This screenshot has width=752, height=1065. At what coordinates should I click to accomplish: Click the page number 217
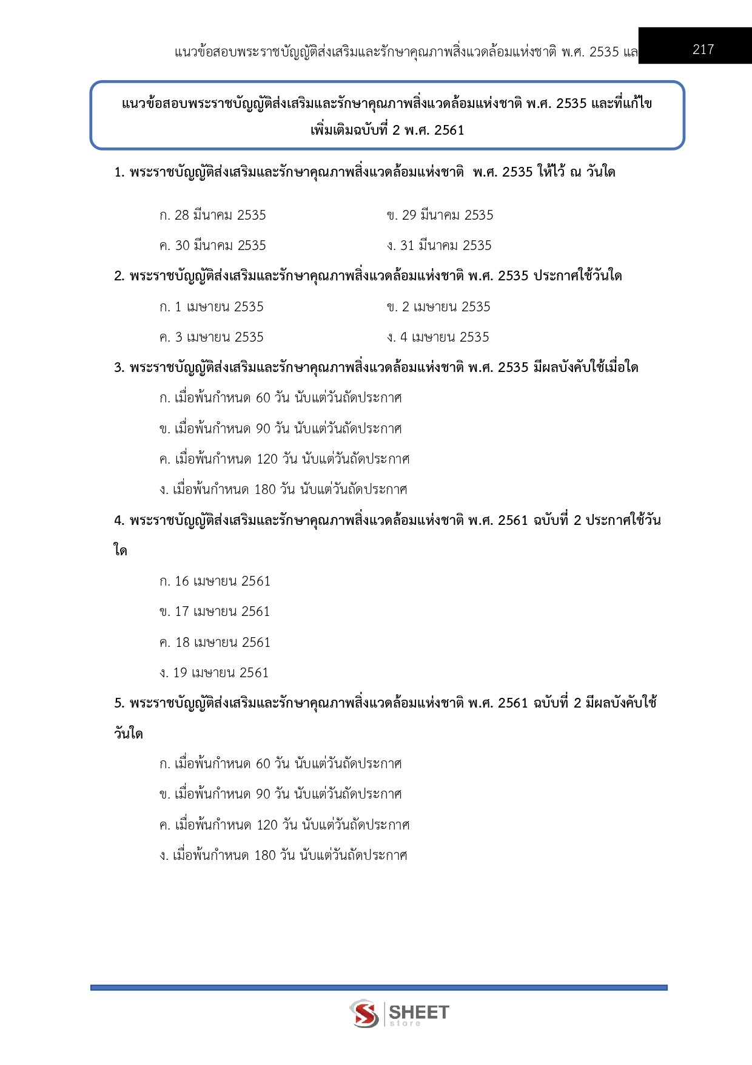click(x=703, y=49)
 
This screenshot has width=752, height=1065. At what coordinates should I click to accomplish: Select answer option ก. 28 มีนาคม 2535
click(x=212, y=215)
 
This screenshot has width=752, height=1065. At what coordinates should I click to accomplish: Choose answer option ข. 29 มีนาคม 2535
click(x=440, y=215)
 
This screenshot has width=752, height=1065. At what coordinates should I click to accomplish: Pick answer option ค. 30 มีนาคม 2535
click(x=212, y=246)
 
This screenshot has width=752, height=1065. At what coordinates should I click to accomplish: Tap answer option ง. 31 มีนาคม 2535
click(x=439, y=246)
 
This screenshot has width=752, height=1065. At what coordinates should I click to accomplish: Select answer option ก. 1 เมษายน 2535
click(x=211, y=307)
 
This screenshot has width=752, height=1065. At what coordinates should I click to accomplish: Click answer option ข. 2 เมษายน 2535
click(x=438, y=307)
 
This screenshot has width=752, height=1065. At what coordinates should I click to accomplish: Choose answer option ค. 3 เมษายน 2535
click(x=211, y=337)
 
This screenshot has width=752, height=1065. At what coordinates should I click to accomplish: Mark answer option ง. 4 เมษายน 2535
click(x=438, y=337)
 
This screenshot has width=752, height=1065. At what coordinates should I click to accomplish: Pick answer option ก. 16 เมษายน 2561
click(x=215, y=581)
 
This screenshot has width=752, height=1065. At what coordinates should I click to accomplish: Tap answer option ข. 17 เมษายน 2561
click(x=214, y=612)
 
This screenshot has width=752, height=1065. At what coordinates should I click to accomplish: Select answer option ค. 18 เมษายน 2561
click(x=215, y=643)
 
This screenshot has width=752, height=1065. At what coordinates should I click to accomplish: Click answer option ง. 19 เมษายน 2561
click(x=213, y=673)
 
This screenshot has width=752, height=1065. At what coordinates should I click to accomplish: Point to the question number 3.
click(x=118, y=368)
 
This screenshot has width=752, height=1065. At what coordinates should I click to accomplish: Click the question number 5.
click(x=118, y=703)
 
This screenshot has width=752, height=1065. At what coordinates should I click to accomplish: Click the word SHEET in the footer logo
click(x=418, y=1012)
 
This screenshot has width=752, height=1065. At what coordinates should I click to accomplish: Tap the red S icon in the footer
click(x=364, y=1013)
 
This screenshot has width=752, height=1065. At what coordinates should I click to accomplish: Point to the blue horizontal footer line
click(x=379, y=988)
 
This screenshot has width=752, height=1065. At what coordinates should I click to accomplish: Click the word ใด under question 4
click(x=120, y=551)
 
